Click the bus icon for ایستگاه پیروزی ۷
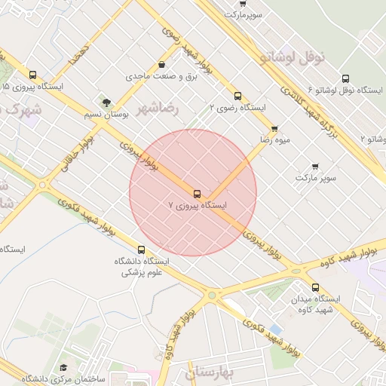pos(198,194)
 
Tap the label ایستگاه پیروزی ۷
pos(197,205)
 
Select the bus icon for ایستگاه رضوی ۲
pos(237,96)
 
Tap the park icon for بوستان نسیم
pos(106,103)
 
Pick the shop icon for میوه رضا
pos(274,129)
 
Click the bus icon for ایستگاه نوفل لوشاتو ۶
pos(345,78)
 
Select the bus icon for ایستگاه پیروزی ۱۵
pos(32,75)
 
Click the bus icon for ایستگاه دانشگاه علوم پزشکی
pos(141,250)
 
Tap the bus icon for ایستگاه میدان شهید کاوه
pos(315,287)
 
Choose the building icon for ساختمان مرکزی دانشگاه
pos(63,367)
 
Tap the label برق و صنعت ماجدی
pos(155,77)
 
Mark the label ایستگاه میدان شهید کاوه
pos(317,304)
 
